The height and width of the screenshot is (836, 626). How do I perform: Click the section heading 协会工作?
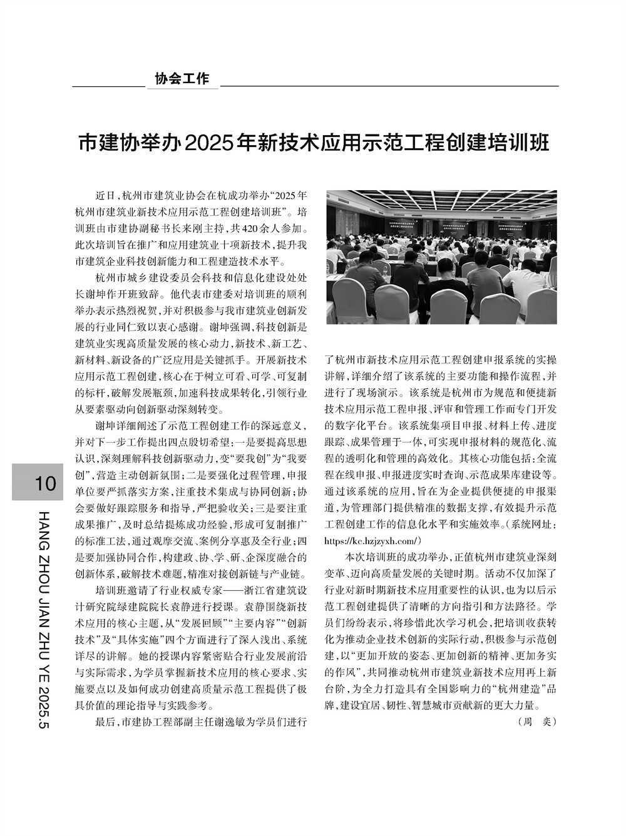tap(182, 79)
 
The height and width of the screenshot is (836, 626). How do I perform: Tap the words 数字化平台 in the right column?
tap(351, 425)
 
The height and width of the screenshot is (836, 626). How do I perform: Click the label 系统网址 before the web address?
tap(532, 523)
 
